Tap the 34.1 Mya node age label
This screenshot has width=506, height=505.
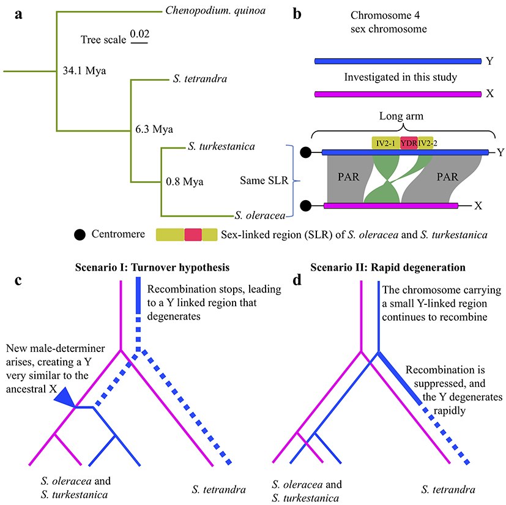click(85, 71)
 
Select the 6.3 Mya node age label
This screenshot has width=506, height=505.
click(154, 129)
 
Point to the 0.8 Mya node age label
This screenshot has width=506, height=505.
click(184, 181)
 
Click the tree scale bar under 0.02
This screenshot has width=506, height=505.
click(139, 43)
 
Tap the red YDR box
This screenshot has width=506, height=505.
click(409, 143)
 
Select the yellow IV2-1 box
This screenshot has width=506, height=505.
click(385, 143)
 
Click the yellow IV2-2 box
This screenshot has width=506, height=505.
click(426, 143)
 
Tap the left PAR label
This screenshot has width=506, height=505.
click(344, 178)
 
